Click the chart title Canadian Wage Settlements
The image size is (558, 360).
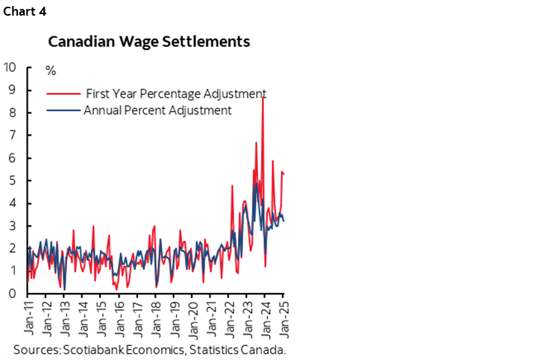click(149, 42)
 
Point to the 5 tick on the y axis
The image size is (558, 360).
click(13, 180)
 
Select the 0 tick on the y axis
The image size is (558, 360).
click(13, 294)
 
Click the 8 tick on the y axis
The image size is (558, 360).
click(13, 113)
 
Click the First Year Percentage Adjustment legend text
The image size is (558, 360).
click(175, 94)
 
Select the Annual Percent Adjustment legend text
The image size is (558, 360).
click(157, 110)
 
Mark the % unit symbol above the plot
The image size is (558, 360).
click(51, 71)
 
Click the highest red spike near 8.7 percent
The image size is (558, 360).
click(263, 98)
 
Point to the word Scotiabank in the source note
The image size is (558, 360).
click(90, 350)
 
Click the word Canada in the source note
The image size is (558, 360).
click(268, 350)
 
